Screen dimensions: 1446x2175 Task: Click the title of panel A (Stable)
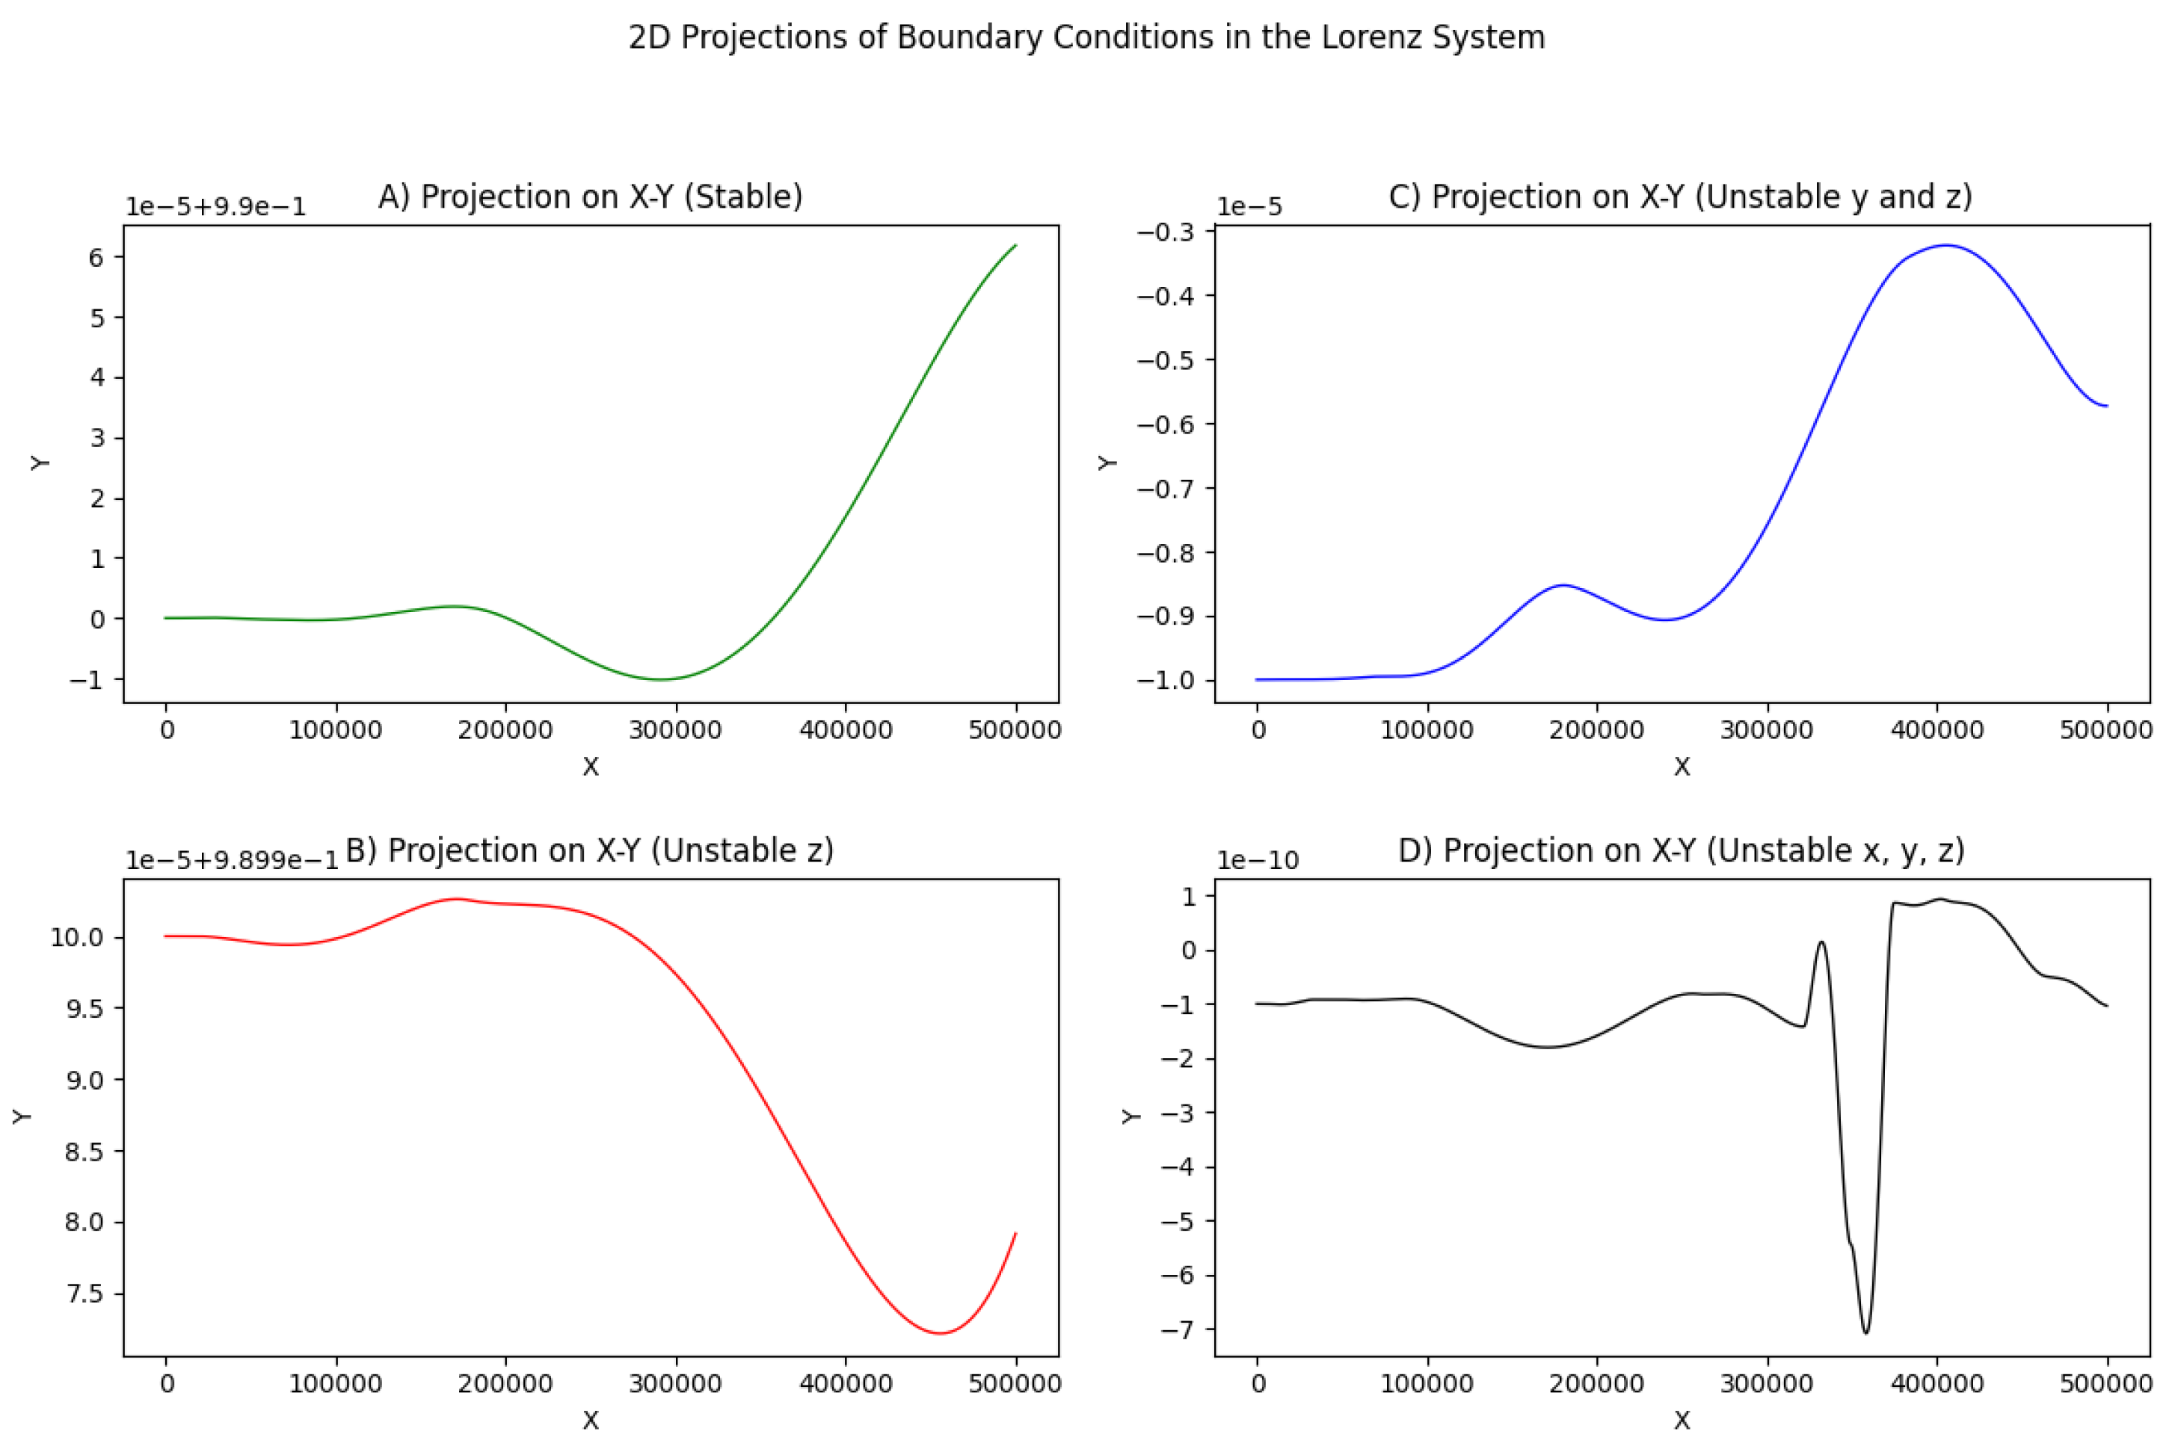[x=591, y=197]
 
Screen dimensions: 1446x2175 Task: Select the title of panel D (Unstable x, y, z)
[x=1681, y=850]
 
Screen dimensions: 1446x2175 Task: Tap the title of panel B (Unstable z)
[x=589, y=850]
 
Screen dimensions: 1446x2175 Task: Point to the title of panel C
[x=1680, y=197]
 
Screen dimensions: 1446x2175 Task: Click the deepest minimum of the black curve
[x=1866, y=1332]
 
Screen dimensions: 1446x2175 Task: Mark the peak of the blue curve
[x=1946, y=245]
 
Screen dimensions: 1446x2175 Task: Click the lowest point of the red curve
[x=940, y=1333]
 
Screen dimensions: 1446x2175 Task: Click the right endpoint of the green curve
[x=1015, y=245]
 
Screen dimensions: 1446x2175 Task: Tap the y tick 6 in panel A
[x=96, y=257]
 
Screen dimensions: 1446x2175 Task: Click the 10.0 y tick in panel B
[x=76, y=938]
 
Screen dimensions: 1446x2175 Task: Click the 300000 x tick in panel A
[x=675, y=730]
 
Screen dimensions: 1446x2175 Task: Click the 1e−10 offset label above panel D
[x=1256, y=860]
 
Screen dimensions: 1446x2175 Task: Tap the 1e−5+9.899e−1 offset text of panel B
[x=232, y=860]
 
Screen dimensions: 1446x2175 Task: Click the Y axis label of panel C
[x=1107, y=462]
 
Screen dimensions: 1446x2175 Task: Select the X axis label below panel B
[x=591, y=1420]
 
